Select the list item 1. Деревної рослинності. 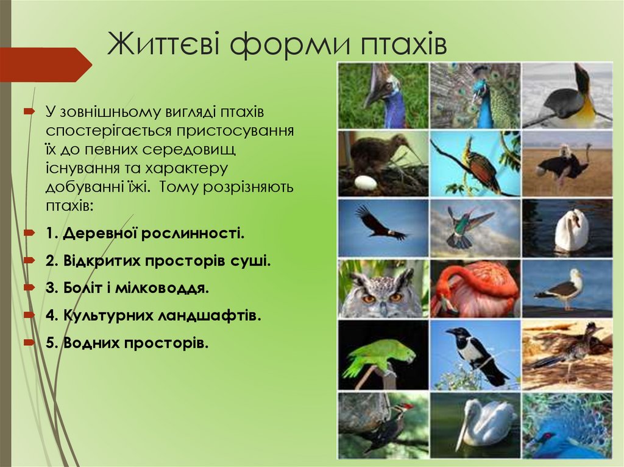point(145,233)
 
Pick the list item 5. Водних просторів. point(127,343)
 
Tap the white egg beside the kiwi point(365,182)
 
